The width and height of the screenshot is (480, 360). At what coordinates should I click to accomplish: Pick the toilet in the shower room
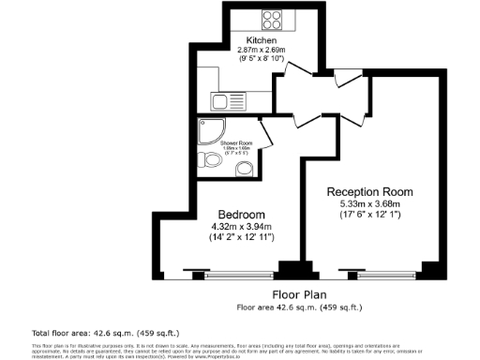[207, 161]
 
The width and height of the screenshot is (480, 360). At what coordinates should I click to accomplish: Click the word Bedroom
[240, 213]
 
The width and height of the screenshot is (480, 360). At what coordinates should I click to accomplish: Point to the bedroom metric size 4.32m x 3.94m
[240, 225]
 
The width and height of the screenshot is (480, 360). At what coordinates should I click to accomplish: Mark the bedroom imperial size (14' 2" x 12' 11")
[240, 237]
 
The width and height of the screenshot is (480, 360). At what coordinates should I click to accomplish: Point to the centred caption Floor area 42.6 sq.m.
[298, 307]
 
